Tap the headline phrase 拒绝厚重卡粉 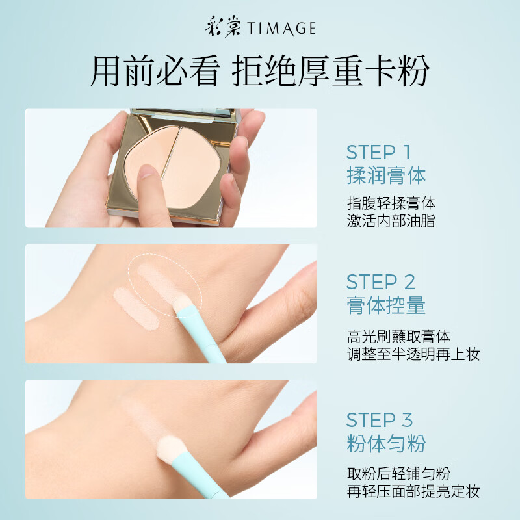click(331, 72)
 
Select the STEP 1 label click(378, 153)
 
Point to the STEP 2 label click(380, 282)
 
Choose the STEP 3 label click(380, 419)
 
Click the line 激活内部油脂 click(391, 221)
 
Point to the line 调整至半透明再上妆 click(413, 354)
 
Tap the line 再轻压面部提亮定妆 click(413, 491)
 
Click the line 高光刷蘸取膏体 click(398, 336)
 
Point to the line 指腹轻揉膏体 click(391, 203)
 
